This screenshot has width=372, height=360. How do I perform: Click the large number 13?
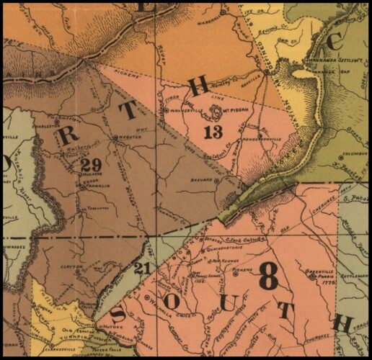pos(213,132)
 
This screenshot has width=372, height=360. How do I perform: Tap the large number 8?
pos(268,276)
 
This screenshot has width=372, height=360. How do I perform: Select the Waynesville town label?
pos(185,112)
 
